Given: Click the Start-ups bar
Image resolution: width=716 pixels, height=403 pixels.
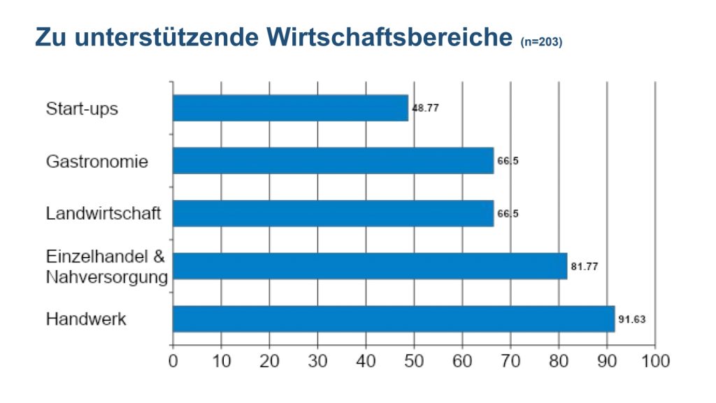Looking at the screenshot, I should click(290, 108).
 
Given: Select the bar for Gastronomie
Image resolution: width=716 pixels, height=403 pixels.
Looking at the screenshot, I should click(333, 161).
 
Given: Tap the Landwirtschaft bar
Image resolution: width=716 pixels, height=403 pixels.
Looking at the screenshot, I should click(333, 213).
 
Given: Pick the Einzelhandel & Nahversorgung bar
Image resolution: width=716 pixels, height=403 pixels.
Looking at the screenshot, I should click(370, 266).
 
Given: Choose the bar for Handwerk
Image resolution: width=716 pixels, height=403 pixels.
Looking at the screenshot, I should click(394, 318).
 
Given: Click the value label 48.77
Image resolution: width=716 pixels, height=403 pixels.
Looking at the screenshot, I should click(426, 108).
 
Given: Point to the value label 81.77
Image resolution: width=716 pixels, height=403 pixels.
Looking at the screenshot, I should click(585, 266).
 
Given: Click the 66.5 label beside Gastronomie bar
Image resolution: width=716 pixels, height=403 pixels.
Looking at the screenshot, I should click(508, 161).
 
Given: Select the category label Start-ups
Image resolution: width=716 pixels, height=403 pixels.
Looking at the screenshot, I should click(82, 109).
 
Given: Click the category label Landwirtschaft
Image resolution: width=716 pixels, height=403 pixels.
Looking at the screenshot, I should click(103, 213).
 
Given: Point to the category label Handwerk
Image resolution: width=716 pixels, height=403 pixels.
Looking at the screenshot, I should click(86, 319).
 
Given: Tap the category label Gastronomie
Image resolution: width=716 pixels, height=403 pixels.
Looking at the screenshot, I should click(97, 162).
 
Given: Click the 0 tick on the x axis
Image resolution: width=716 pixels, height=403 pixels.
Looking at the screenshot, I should click(173, 361).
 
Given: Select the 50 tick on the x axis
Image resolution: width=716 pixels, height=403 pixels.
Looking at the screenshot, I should click(414, 361).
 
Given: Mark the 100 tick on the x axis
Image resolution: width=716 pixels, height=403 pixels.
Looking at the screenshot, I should click(655, 361).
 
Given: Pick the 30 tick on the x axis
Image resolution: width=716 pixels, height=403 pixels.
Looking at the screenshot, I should click(317, 361).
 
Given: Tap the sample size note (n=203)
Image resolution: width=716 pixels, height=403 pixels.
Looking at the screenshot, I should click(542, 42).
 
